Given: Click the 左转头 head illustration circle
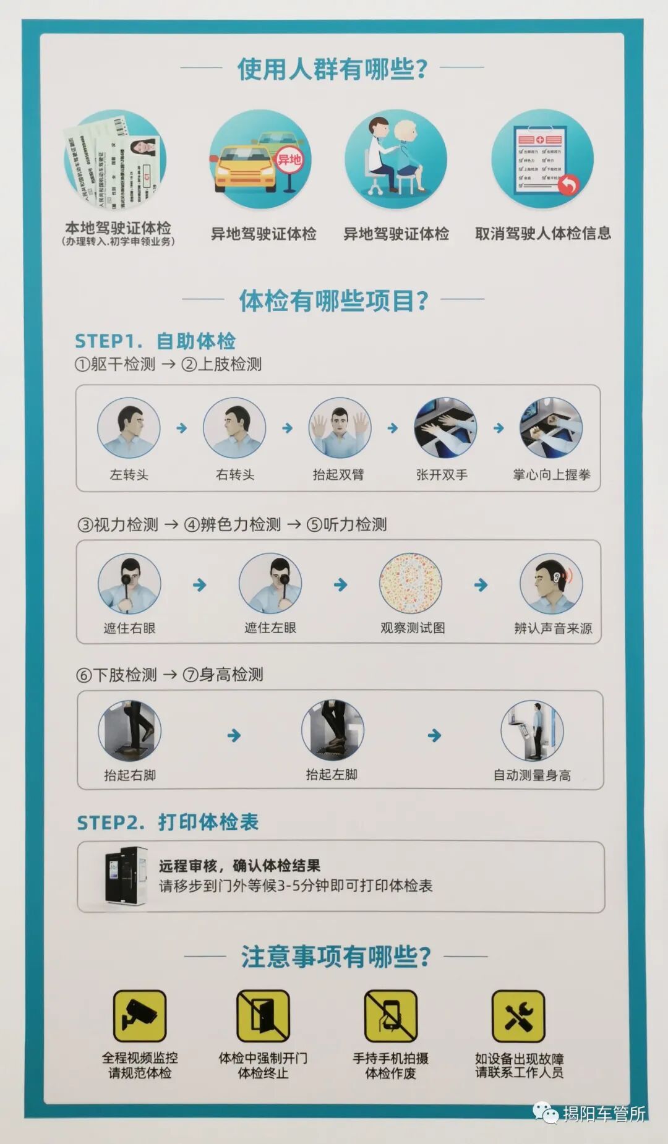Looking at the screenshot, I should tap(129, 428).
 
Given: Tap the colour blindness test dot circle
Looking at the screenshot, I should tap(411, 584).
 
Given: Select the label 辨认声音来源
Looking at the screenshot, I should tap(553, 628).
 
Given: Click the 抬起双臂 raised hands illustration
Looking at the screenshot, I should tap(340, 428).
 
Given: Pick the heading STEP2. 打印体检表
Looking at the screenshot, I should tap(168, 822).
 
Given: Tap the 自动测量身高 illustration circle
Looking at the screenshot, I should tap(532, 731).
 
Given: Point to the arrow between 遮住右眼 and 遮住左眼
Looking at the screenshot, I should tap(199, 585).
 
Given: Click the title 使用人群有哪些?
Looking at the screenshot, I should tap(333, 68).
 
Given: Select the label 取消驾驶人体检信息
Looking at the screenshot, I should tap(542, 233).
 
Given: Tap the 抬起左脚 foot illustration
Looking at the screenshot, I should tap(332, 731).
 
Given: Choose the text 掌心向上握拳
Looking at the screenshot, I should tap(551, 474).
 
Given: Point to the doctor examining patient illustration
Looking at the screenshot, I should tap(396, 160).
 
